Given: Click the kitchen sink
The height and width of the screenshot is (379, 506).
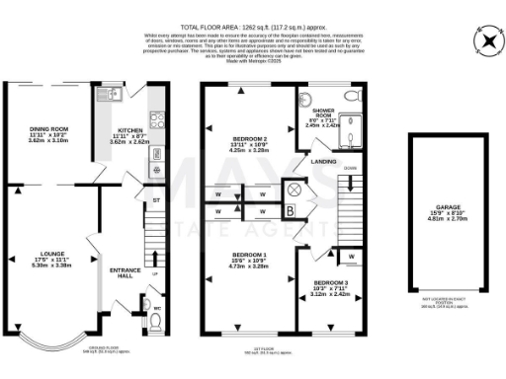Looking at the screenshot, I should pyautogui.click(x=108, y=96).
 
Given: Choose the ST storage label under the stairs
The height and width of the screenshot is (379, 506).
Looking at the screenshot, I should pyautogui.click(x=154, y=201).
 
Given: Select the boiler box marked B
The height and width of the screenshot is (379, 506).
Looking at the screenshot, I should pyautogui.click(x=289, y=210).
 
